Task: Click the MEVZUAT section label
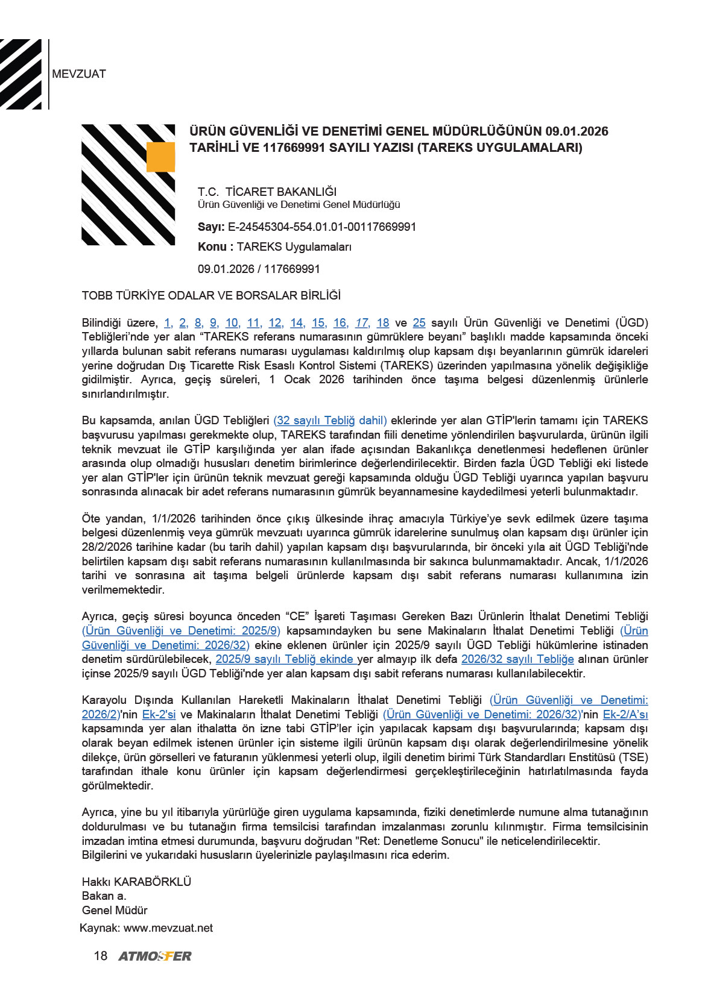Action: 79,74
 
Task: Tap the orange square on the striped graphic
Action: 160,157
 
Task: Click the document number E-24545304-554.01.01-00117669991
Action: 321,227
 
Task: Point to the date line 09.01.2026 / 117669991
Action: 259,269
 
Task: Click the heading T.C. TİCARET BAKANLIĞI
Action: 267,192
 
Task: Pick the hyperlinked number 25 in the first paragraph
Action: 419,323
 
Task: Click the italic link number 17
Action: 362,323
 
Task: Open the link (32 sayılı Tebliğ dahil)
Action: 330,421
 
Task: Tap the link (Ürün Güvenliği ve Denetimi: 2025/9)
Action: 181,631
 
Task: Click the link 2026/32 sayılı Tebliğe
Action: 517,659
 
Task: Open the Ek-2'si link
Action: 159,715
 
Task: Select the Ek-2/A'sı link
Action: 625,715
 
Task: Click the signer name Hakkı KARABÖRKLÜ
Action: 136,882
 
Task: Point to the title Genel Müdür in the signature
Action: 115,911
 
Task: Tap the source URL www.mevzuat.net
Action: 168,928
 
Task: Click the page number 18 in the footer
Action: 101,956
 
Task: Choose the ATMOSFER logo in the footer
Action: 155,956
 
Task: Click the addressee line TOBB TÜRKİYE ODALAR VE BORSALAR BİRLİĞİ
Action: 211,296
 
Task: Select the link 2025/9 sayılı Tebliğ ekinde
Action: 286,659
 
